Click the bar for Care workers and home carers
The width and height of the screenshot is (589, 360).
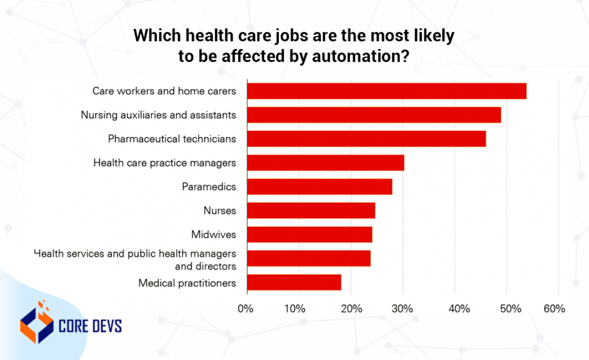pyautogui.click(x=386, y=91)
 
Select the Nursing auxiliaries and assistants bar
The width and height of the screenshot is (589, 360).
pyautogui.click(x=373, y=114)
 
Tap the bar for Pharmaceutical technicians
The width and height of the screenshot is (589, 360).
pyautogui.click(x=366, y=139)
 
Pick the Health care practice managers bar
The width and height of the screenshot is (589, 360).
pyautogui.click(x=325, y=163)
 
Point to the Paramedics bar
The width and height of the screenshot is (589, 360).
pyautogui.click(x=319, y=186)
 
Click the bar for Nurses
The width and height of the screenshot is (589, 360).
pyautogui.click(x=311, y=210)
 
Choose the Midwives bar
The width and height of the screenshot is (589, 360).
pyautogui.click(x=309, y=235)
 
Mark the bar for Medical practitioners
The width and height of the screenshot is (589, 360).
pyautogui.click(x=293, y=282)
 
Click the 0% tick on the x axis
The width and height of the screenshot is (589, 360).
pyautogui.click(x=246, y=309)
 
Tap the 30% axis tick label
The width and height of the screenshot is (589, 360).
pyautogui.click(x=403, y=309)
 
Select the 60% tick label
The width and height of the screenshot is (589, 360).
pyautogui.click(x=554, y=309)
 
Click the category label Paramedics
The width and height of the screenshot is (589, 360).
pyautogui.click(x=209, y=186)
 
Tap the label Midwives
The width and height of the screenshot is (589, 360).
pyautogui.click(x=213, y=235)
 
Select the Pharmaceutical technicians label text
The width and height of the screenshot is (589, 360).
pyautogui.click(x=172, y=139)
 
